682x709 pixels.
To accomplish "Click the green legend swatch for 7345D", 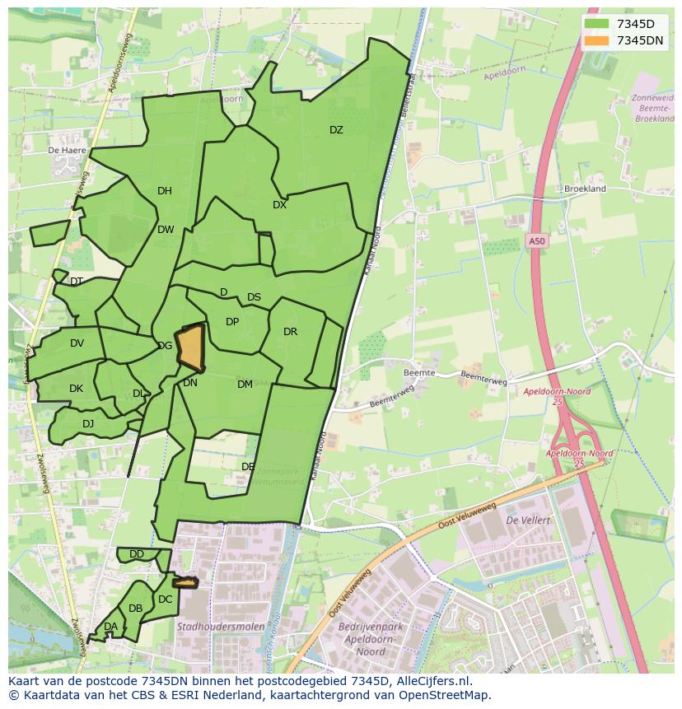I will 596,24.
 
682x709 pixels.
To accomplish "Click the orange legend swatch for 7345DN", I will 596,40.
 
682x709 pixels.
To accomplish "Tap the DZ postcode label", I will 336,130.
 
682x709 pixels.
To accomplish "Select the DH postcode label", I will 165,191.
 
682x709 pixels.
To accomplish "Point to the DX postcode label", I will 279,205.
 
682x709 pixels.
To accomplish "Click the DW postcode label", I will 166,230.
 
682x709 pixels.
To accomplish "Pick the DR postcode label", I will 290,332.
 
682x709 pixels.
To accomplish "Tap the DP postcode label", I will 232,322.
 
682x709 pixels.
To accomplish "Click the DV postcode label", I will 77,343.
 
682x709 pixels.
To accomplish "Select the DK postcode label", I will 76,389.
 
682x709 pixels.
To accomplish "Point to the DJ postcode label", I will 88,424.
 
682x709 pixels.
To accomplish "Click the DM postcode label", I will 245,385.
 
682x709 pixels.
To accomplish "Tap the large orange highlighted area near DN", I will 191,348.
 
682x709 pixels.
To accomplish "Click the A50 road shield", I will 537,241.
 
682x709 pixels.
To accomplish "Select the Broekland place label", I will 585,189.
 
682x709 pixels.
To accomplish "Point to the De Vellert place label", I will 528,520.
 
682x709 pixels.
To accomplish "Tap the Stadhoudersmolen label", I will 221,627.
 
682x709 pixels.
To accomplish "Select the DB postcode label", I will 136,609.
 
